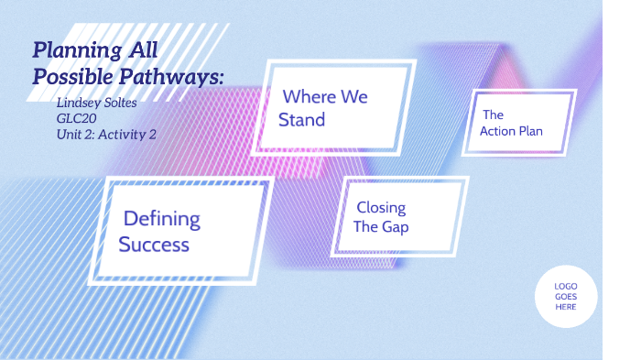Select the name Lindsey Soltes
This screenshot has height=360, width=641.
[x=95, y=102]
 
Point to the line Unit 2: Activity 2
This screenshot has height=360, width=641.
[x=105, y=134]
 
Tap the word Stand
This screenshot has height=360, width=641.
[x=302, y=120]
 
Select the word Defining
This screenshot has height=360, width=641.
[x=162, y=219]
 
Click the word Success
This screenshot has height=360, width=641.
[x=154, y=245]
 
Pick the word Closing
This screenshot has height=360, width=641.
[x=381, y=207]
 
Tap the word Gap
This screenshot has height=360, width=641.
[x=396, y=227]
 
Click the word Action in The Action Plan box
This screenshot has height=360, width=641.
[x=500, y=131]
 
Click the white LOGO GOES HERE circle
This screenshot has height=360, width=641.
[x=566, y=297]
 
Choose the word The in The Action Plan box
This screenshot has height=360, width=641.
[x=494, y=115]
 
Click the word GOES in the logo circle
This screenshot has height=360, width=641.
[x=566, y=297]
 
